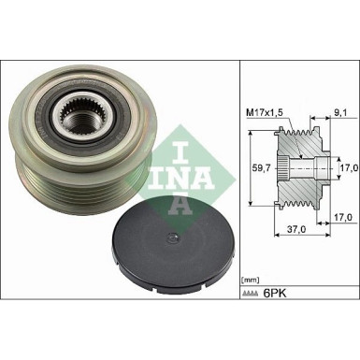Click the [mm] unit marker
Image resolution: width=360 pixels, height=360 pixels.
click(251, 279)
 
